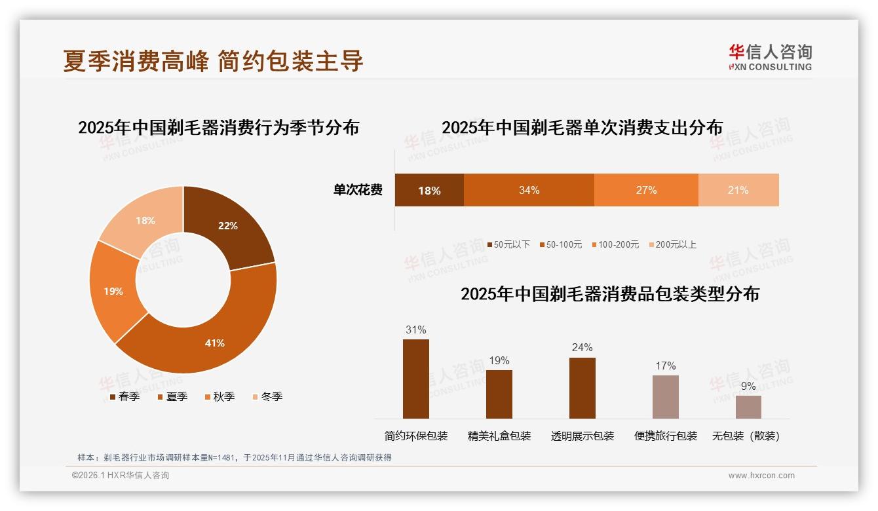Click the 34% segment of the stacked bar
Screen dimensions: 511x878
529,190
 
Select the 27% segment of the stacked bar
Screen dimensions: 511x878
646,190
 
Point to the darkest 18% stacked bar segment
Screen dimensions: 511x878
429,190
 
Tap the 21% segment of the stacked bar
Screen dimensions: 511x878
738,190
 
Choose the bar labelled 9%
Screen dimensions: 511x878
748,407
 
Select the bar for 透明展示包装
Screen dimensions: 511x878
582,388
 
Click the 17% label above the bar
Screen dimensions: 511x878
666,366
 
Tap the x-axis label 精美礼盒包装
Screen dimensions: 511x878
499,436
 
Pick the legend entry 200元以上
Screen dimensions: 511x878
676,244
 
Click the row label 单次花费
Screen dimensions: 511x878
358,190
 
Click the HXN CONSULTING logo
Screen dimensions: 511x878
771,57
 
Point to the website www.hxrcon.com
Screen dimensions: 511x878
761,476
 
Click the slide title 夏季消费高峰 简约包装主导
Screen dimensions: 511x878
213,61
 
